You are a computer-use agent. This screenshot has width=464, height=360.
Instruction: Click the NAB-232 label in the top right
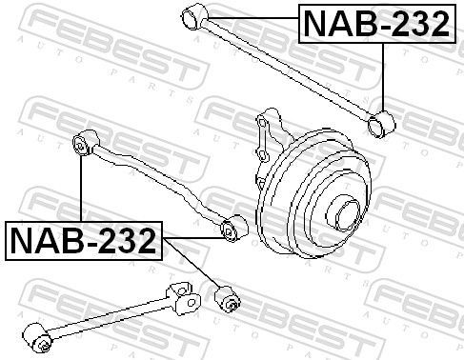(x=374, y=26)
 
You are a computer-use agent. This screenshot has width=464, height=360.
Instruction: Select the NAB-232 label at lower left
(x=83, y=241)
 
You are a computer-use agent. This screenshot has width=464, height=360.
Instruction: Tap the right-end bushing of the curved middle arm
(x=229, y=230)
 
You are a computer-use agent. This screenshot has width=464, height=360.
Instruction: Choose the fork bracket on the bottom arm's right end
(x=185, y=297)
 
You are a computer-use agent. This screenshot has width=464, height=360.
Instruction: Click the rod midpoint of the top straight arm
(x=286, y=67)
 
